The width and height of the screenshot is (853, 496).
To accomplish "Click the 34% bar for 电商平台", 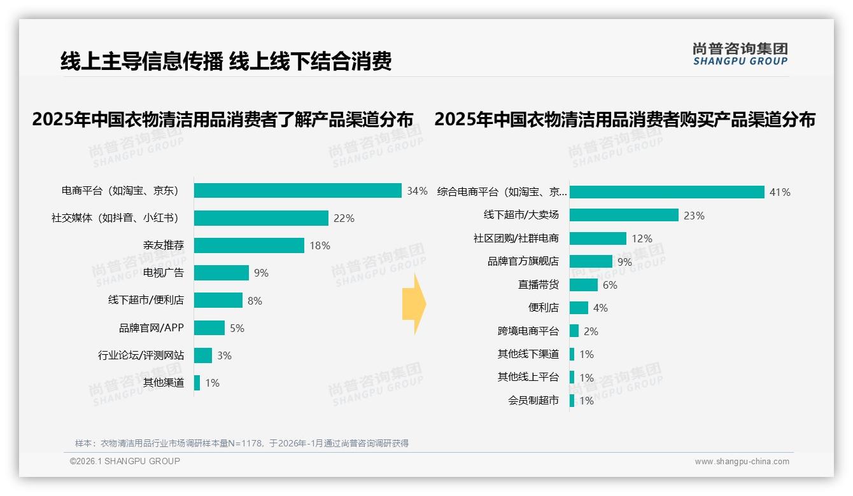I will tap(297, 191).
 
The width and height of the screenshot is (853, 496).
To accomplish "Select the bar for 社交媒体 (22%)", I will tap(261, 218).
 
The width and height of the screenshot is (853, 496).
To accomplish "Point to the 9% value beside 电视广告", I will tap(261, 273).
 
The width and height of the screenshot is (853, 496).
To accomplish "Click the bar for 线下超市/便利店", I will tap(218, 300).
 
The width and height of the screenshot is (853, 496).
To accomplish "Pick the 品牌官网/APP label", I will tap(151, 328).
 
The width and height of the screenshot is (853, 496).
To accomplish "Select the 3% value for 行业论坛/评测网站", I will tap(224, 355).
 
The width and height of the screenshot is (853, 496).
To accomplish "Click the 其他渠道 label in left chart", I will tap(163, 383).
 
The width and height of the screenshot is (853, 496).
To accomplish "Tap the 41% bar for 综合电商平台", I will tap(666, 192).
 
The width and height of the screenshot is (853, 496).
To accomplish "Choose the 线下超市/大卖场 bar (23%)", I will tap(624, 215).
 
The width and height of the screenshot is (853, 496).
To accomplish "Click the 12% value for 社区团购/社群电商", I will tap(642, 238).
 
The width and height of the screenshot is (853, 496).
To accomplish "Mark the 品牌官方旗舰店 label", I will tap(523, 261).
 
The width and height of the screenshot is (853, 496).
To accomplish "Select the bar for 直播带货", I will tap(584, 285).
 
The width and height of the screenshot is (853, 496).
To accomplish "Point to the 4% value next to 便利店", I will tap(600, 308).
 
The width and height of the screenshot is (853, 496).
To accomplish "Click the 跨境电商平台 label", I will tap(528, 331).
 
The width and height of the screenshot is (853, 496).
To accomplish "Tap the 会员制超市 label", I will tap(533, 401).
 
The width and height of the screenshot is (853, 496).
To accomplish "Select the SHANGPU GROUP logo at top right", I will tap(740, 54).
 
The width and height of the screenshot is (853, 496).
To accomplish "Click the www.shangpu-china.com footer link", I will tap(742, 462).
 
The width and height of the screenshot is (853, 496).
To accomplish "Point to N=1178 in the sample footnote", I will tap(245, 443).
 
